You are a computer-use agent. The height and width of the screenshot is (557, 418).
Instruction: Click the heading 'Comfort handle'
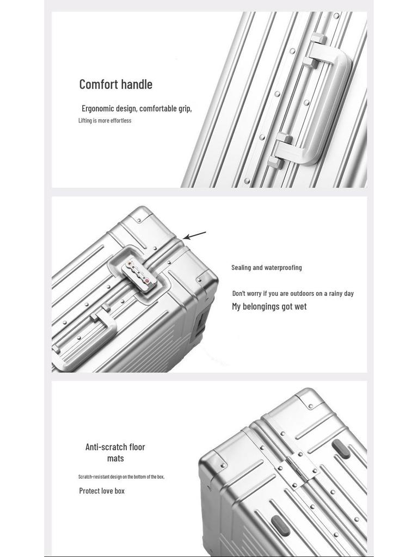115,84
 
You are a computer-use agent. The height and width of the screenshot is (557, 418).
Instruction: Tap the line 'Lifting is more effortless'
104,121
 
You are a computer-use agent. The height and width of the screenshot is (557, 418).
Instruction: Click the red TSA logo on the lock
146,281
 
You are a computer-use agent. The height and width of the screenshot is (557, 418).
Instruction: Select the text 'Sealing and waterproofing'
266,268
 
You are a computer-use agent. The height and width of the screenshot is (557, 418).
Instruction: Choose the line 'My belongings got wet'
269,307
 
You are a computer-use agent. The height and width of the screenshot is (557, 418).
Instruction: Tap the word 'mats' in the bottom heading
115,459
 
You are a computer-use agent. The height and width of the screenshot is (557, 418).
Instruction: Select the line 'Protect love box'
102,491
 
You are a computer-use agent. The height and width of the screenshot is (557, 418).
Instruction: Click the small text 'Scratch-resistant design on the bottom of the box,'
121,477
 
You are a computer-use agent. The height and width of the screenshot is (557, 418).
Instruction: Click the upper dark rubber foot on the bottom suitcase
341,449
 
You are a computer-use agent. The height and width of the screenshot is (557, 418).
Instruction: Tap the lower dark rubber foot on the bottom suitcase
280,525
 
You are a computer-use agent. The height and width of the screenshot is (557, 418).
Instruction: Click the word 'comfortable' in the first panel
158,108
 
